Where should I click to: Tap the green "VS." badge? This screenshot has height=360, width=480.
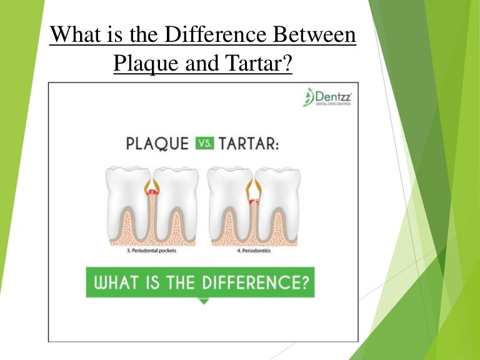click(x=204, y=142)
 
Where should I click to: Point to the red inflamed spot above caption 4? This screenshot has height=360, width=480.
click(x=254, y=202)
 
